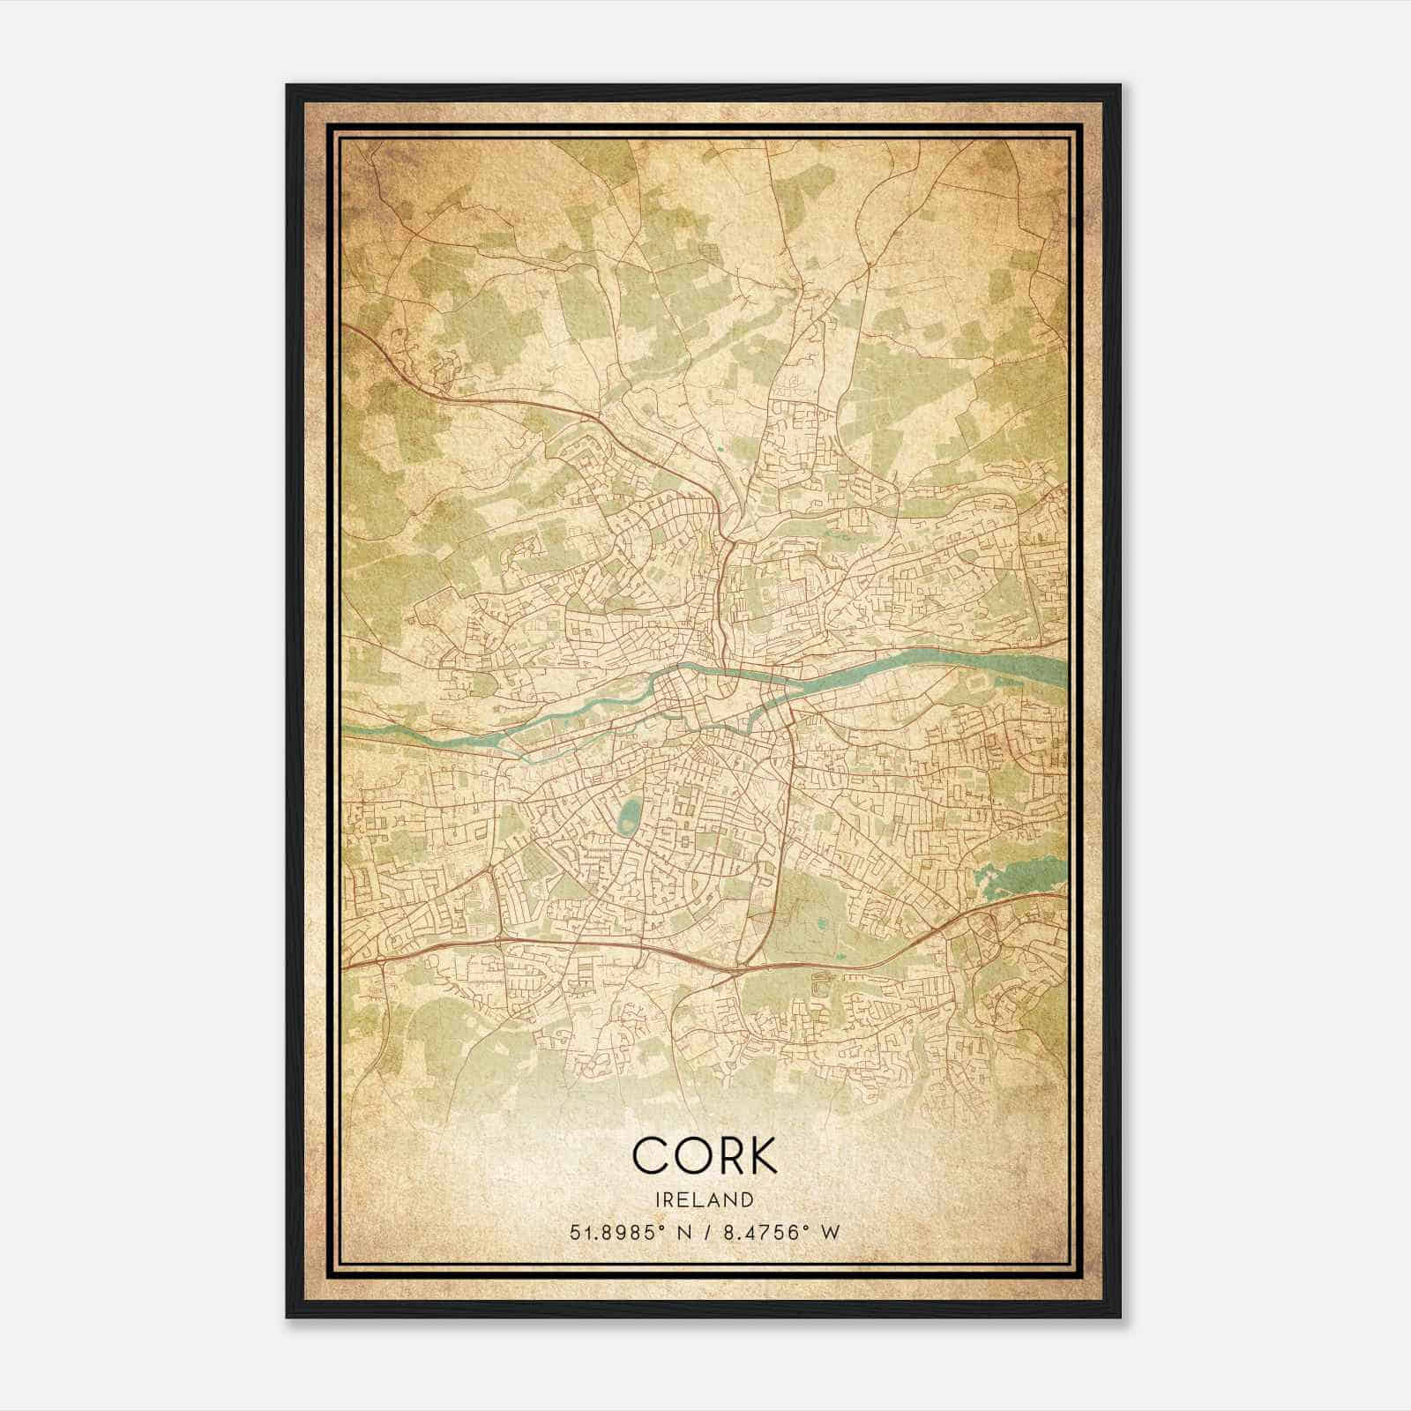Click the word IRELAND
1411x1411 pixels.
pos(705,1199)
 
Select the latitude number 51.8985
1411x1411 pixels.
pos(610,1232)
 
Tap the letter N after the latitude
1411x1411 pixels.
pos(678,1232)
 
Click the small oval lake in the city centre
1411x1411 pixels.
pos(628,817)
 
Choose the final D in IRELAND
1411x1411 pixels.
pos(749,1199)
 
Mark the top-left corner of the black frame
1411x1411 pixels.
pos(287,86)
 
